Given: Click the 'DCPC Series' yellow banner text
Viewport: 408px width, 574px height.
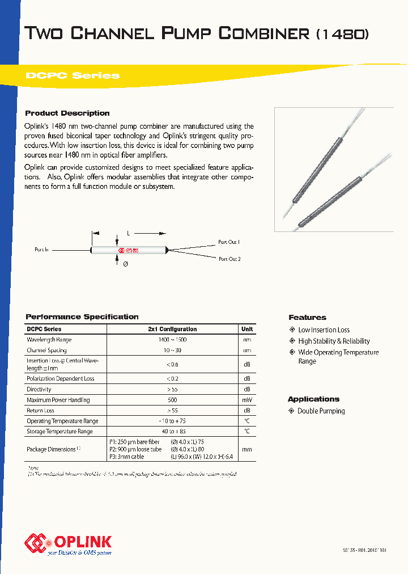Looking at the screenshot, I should [73, 76].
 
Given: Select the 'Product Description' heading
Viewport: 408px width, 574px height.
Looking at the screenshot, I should [67, 113].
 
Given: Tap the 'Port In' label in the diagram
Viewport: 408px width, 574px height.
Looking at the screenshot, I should [42, 250].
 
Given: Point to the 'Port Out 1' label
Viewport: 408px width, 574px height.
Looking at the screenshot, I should [229, 242].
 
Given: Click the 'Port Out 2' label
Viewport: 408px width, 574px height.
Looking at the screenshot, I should [229, 259].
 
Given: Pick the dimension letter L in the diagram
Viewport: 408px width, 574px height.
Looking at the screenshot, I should [129, 233].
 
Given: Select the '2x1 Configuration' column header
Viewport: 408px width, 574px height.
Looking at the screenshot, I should [172, 329].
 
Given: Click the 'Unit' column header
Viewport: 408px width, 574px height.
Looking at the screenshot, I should [247, 329].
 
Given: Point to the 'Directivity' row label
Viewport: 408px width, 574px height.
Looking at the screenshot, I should [39, 389].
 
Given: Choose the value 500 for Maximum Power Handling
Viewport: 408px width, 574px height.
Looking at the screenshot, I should [172, 400].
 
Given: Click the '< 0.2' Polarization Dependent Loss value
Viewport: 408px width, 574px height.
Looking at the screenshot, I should [172, 378].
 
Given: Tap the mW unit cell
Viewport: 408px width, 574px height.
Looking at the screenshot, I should [247, 400].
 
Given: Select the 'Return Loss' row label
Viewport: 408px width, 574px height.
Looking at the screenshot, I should [41, 410].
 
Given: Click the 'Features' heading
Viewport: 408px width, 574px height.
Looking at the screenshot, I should [307, 318].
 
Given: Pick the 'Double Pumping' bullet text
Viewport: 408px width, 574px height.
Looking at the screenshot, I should [321, 411].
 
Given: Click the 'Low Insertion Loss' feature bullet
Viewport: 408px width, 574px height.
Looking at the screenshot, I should [324, 330].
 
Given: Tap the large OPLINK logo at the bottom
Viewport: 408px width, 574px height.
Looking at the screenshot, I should [68, 543].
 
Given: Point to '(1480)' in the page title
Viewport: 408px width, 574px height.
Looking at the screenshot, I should [342, 34].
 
